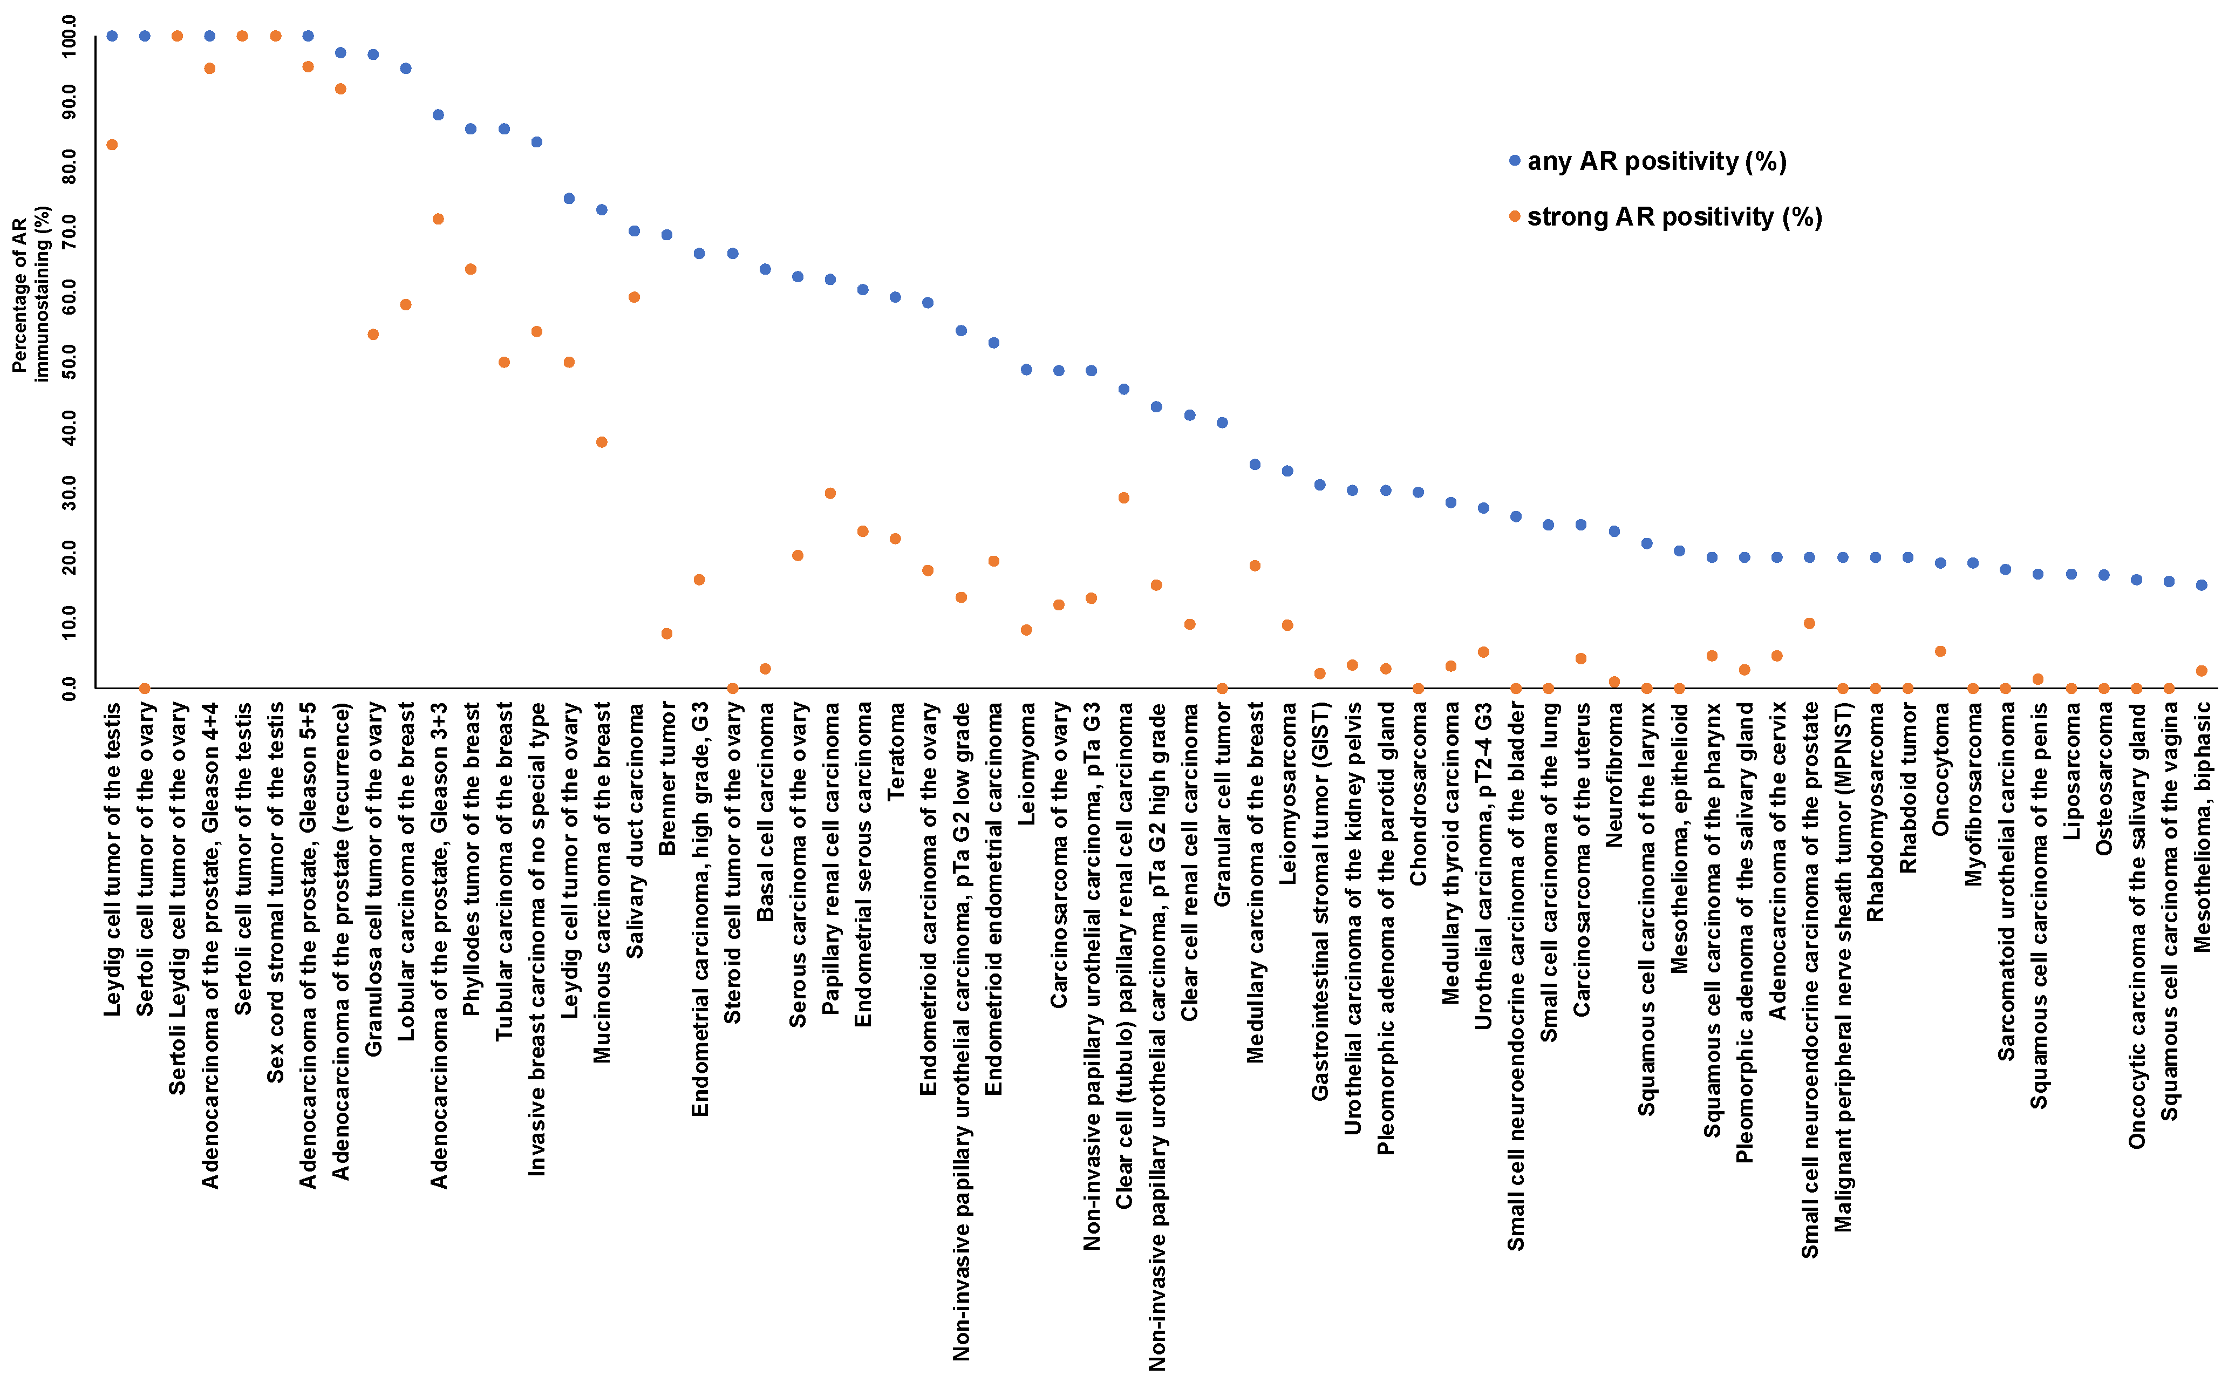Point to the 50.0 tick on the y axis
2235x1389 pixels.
pos(70,362)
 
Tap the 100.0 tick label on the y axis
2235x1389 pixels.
pos(70,36)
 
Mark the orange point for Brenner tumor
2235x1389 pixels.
pos(667,634)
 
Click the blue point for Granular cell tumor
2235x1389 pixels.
pos(1222,423)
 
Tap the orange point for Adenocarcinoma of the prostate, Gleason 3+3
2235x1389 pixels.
pos(438,219)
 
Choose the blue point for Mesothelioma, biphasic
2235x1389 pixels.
pos(2201,585)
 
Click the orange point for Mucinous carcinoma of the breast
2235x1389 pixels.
pos(602,442)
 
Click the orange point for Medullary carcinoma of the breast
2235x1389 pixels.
pos(1255,566)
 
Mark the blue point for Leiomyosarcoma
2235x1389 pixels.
pos(1287,471)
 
